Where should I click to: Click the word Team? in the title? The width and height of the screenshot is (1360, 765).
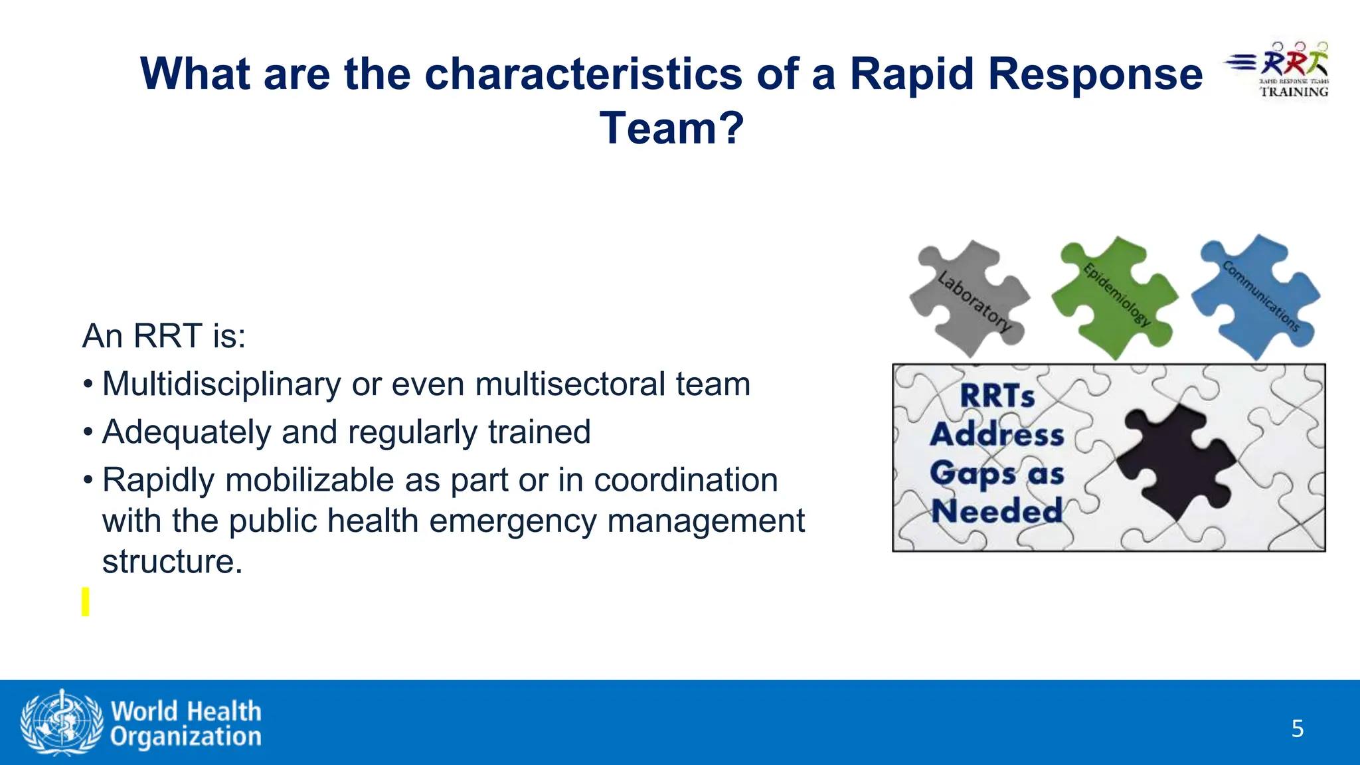point(671,128)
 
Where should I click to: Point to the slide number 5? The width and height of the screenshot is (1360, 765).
point(1297,729)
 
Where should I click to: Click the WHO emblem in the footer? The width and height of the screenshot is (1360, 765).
point(62,722)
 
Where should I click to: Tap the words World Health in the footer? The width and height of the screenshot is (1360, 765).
point(186,711)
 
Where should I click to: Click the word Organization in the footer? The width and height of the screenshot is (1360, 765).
point(186,736)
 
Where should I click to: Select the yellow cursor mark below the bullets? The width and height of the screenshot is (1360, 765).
point(85,602)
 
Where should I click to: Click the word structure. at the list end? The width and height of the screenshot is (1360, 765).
point(172,562)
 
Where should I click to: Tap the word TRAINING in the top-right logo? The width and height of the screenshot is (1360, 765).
point(1294,92)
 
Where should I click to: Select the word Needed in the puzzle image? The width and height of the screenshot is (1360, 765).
point(997,511)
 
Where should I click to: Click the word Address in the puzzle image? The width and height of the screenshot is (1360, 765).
point(997,435)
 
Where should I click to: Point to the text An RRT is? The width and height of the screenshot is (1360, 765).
point(164,336)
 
